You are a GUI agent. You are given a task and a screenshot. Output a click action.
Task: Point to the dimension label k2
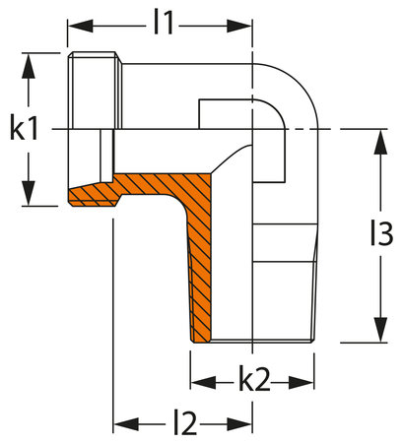[253, 381]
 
